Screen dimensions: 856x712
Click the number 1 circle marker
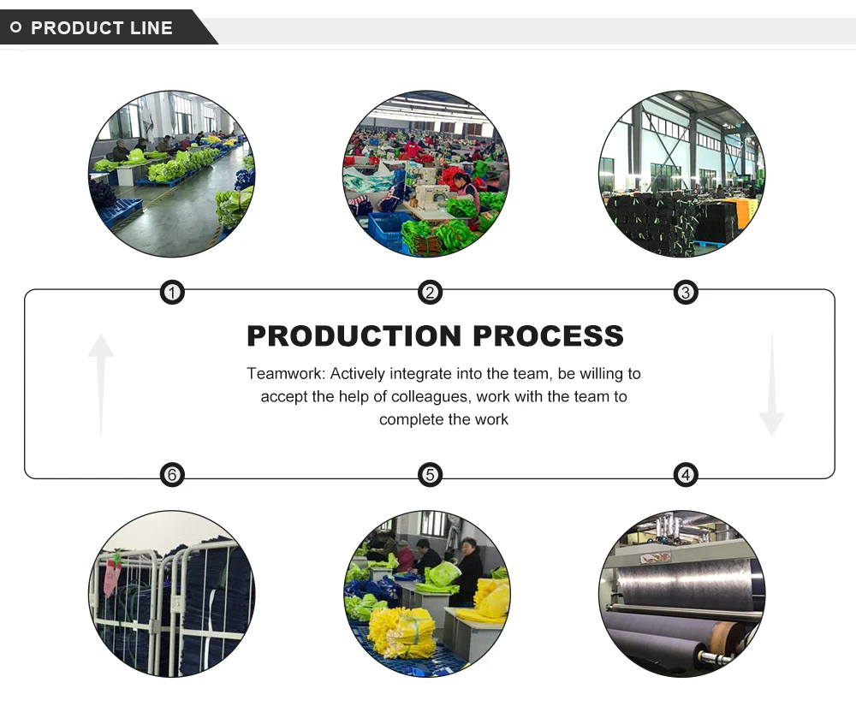[x=172, y=294]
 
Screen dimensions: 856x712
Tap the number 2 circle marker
[x=430, y=294]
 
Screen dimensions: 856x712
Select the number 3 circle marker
[x=685, y=294]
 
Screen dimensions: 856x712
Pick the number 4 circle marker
[x=685, y=474]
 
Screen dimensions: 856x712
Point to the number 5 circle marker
[x=430, y=474]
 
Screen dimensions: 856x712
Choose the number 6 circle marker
[x=172, y=474]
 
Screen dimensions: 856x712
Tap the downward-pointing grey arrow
[x=771, y=385]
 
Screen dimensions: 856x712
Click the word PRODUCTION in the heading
[x=354, y=335]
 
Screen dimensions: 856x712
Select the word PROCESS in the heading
[x=548, y=335]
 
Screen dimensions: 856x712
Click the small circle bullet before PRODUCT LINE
[x=15, y=28]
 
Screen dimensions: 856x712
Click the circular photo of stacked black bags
[x=682, y=174]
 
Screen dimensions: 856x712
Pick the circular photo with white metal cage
[x=171, y=594]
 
